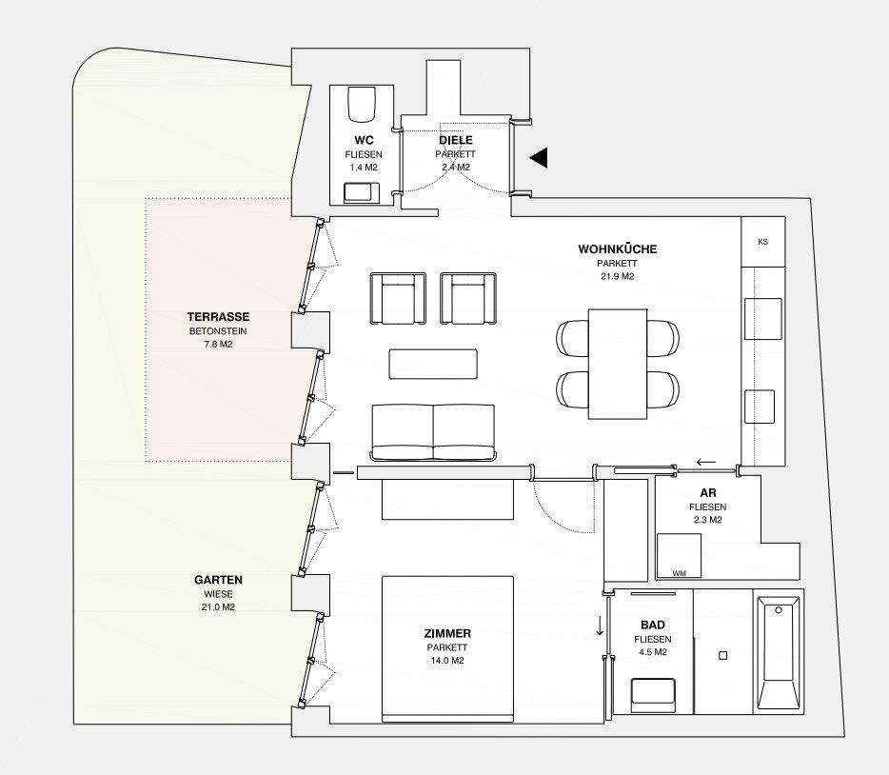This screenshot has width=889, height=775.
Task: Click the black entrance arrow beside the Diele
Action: (x=541, y=157)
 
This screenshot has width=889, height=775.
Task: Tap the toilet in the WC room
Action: (x=361, y=104)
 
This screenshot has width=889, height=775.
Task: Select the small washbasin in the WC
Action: (x=362, y=192)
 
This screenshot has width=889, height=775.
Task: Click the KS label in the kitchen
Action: (x=762, y=242)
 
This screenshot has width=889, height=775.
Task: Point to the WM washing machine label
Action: (x=680, y=573)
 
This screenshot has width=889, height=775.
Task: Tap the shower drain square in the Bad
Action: (x=722, y=655)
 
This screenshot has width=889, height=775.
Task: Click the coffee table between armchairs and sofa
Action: (x=433, y=364)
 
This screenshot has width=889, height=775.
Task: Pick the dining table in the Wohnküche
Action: (x=618, y=364)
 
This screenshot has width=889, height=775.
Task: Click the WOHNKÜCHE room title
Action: (x=618, y=248)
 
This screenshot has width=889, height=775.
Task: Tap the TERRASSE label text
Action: (x=218, y=317)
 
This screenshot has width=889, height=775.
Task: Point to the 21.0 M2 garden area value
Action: (x=218, y=606)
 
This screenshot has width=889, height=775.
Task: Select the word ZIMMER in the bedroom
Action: (x=447, y=633)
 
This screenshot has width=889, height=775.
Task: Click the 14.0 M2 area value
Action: (x=447, y=661)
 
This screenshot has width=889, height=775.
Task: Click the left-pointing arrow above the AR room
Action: (x=706, y=462)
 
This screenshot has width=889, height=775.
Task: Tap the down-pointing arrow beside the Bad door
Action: (x=600, y=626)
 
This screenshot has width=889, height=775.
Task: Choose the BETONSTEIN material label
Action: (x=218, y=331)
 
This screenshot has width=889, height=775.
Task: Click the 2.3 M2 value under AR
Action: (x=707, y=520)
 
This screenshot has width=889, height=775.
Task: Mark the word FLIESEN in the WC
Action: (x=364, y=154)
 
